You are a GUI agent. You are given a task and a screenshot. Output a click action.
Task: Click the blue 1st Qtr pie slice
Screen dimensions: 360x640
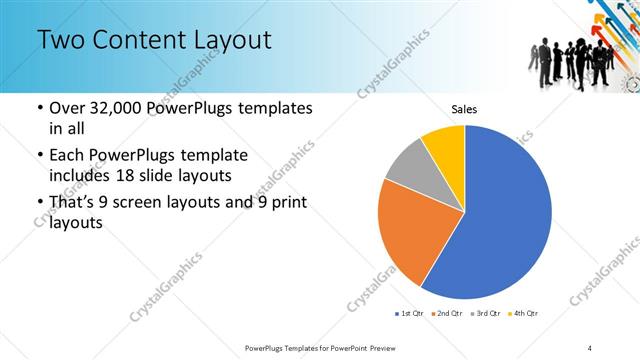click(x=500, y=220)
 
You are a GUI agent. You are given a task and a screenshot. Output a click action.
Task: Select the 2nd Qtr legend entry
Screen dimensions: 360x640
click(x=446, y=314)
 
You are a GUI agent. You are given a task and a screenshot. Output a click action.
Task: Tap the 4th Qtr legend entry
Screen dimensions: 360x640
click(x=524, y=314)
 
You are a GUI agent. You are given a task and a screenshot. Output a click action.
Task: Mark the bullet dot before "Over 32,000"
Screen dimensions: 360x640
click(x=39, y=108)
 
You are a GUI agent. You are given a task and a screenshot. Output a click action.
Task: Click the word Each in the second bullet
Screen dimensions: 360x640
click(x=67, y=155)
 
